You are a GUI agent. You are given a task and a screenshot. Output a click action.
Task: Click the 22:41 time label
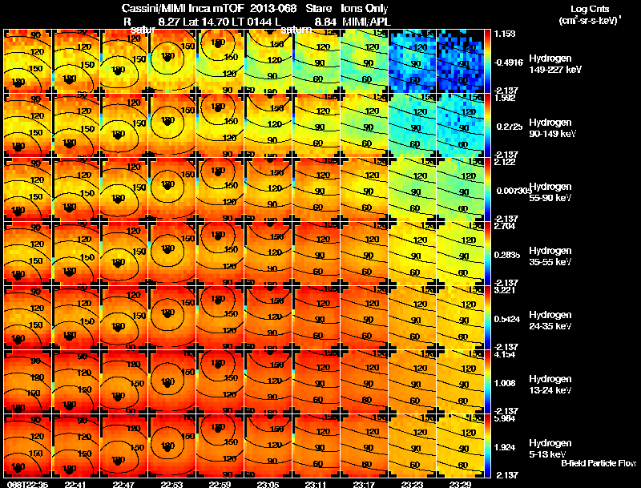point(75,484)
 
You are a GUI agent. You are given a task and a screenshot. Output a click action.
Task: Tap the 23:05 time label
point(268,484)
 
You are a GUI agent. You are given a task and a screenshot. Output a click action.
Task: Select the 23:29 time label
point(460,484)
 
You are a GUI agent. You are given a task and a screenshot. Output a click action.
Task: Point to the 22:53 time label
point(171,484)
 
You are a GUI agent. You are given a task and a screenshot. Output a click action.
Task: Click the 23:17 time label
point(364,484)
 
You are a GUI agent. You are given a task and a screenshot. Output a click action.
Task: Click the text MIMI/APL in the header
point(365,21)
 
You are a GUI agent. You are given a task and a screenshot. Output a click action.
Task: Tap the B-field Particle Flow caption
point(598,463)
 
